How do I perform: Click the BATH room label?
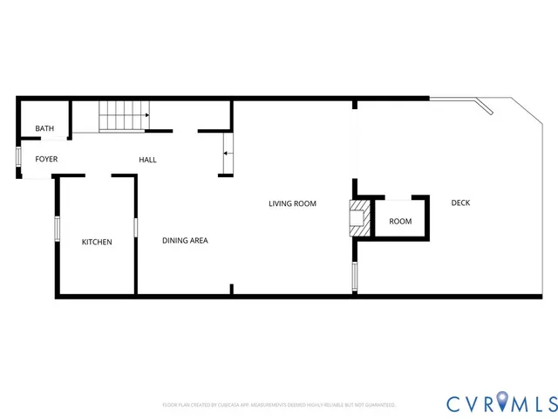[x=44, y=129]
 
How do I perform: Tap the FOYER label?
[x=46, y=160]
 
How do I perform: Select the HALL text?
[x=148, y=160]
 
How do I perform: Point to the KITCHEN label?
[x=97, y=242]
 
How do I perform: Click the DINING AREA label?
[x=185, y=240]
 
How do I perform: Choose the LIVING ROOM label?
[x=292, y=203]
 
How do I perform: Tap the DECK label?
[x=460, y=203]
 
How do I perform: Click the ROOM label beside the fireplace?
[x=400, y=222]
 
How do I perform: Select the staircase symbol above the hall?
[x=124, y=116]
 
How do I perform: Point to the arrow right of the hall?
[x=227, y=154]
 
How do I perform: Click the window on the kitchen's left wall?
[x=57, y=229]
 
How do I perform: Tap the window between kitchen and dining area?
[x=135, y=226]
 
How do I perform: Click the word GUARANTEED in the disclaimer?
[x=378, y=405]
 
